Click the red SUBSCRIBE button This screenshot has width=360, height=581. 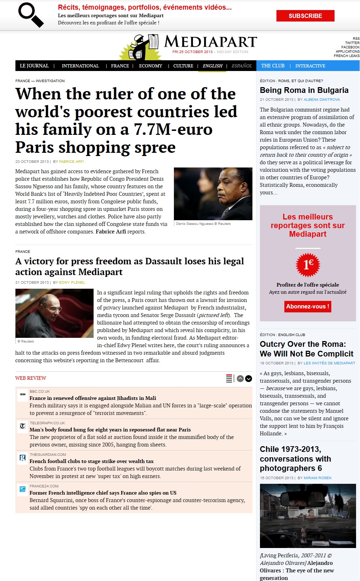305,16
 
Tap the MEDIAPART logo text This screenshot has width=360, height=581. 210,42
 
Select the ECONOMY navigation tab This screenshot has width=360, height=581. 151,66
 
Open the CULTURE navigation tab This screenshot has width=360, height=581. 183,66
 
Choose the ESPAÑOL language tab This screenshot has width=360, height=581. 242,66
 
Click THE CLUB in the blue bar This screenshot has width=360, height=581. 273,66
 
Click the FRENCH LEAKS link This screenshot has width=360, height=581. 346,56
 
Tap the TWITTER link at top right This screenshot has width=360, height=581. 352,43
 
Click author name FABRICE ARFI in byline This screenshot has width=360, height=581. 71,161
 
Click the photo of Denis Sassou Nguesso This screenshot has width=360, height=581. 213,194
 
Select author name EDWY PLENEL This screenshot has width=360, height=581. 72,283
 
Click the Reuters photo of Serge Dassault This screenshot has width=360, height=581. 55,313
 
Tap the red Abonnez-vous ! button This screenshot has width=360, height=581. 308,307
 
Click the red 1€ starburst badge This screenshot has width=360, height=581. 308,265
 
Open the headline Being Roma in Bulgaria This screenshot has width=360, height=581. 304,90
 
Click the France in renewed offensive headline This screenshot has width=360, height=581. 93,398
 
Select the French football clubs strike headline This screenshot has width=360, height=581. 91,461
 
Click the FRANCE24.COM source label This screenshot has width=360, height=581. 44,486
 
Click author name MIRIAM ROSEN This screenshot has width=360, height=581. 317,478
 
